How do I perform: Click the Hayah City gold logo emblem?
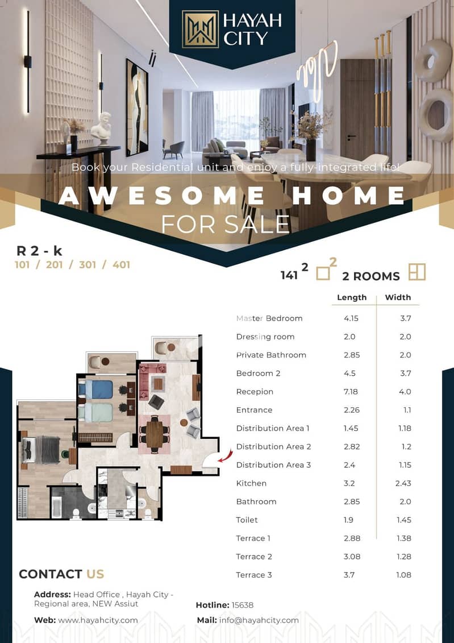click(x=201, y=29)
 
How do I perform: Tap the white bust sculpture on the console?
click(x=101, y=128)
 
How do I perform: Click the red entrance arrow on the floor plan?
click(x=225, y=456)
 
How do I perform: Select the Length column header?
click(x=352, y=297)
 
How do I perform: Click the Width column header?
click(x=398, y=297)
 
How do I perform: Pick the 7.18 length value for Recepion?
click(x=351, y=392)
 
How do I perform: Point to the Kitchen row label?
click(x=251, y=483)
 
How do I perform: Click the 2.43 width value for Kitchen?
click(x=403, y=483)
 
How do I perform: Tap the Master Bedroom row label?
click(x=269, y=318)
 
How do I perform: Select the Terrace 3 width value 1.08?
click(x=403, y=575)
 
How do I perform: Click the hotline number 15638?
click(x=243, y=605)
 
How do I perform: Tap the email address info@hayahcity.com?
click(x=259, y=620)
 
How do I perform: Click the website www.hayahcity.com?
click(x=98, y=620)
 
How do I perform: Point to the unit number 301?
click(x=88, y=265)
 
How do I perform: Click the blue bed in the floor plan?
click(x=96, y=389)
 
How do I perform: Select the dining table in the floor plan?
click(x=155, y=434)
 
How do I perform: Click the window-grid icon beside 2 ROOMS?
click(x=417, y=272)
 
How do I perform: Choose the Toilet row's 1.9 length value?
click(x=349, y=520)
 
